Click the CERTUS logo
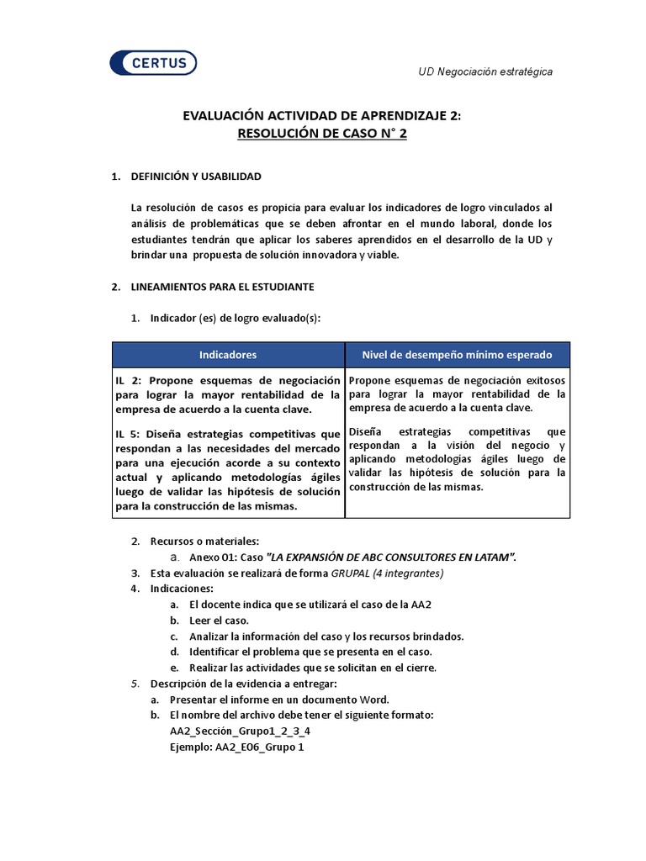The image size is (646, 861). (153, 63)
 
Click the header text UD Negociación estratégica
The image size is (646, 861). (485, 72)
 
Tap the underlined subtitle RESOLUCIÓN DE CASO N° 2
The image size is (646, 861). (322, 134)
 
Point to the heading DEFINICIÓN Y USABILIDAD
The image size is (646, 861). (196, 177)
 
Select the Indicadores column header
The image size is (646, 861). (228, 355)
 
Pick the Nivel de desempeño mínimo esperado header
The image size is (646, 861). (457, 355)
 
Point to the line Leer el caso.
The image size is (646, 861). (219, 621)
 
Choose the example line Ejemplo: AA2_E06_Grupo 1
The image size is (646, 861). (236, 747)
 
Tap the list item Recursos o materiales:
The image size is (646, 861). (204, 541)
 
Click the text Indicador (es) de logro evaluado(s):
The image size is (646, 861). (235, 318)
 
